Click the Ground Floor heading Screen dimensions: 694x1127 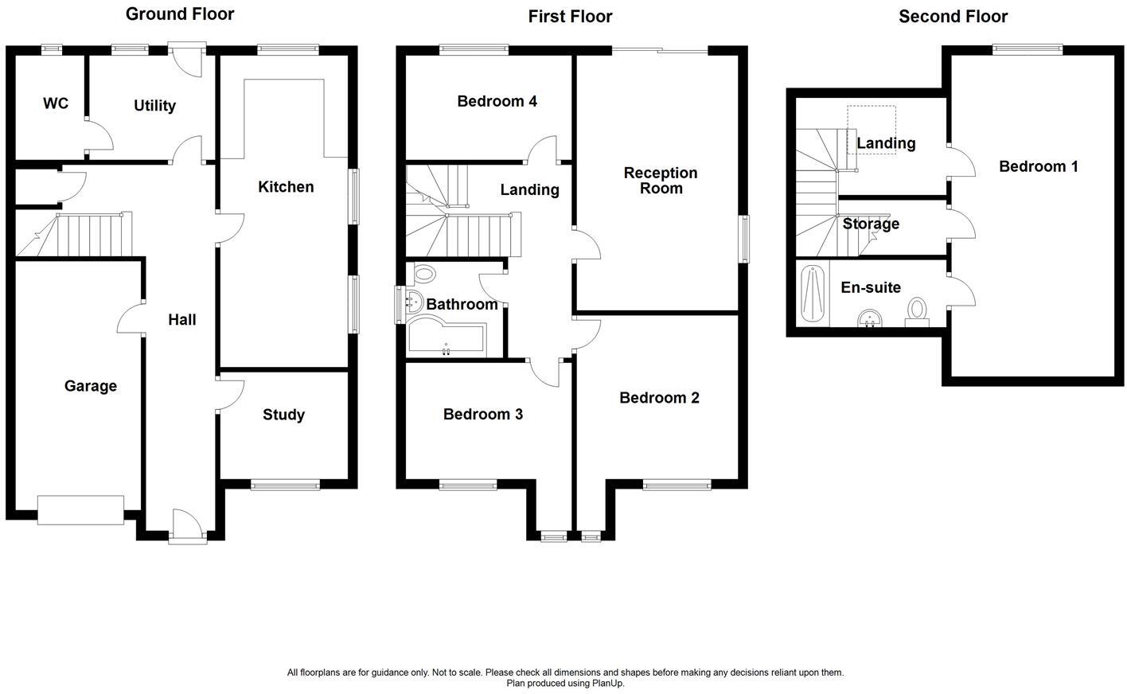click(x=180, y=14)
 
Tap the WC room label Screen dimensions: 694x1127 click(x=56, y=103)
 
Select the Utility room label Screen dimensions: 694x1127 click(x=154, y=105)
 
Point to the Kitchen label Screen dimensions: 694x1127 click(x=286, y=186)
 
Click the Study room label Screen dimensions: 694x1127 click(x=283, y=414)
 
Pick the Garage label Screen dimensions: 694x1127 click(x=91, y=385)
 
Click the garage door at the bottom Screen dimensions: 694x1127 click(x=80, y=509)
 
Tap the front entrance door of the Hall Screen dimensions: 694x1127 click(x=188, y=527)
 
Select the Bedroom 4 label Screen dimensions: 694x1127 click(x=497, y=101)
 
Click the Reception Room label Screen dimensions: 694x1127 click(x=661, y=180)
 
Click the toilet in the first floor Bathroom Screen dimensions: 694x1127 click(x=424, y=275)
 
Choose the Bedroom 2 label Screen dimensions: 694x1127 click(x=659, y=397)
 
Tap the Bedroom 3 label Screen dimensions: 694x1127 click(x=482, y=414)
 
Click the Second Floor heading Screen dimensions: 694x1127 click(x=953, y=16)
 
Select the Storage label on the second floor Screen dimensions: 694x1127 click(x=871, y=224)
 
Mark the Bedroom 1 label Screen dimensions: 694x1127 click(x=1038, y=166)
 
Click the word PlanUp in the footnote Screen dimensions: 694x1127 click(x=608, y=683)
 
